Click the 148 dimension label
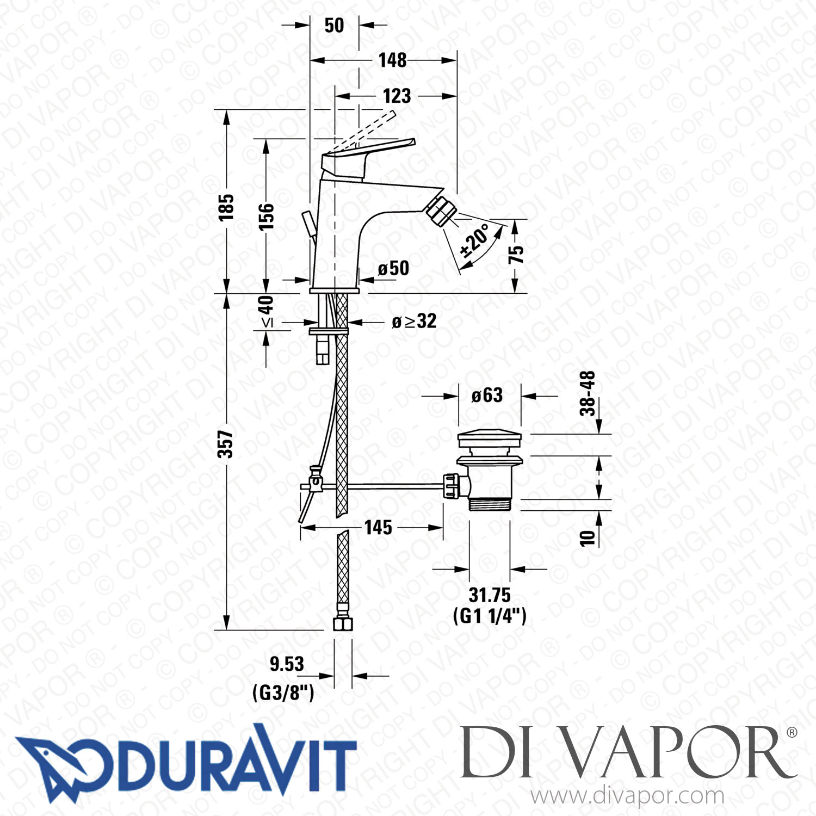click(392, 60)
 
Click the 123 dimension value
click(397, 96)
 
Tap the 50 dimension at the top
click(334, 25)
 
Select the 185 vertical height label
click(226, 207)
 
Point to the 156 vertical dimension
click(266, 216)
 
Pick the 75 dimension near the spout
click(516, 254)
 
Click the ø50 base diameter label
click(393, 268)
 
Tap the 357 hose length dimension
click(225, 444)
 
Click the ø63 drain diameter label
click(487, 395)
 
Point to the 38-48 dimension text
click(588, 393)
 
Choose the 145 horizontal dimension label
click(378, 527)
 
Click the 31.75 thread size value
click(490, 595)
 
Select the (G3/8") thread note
click(283, 693)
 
